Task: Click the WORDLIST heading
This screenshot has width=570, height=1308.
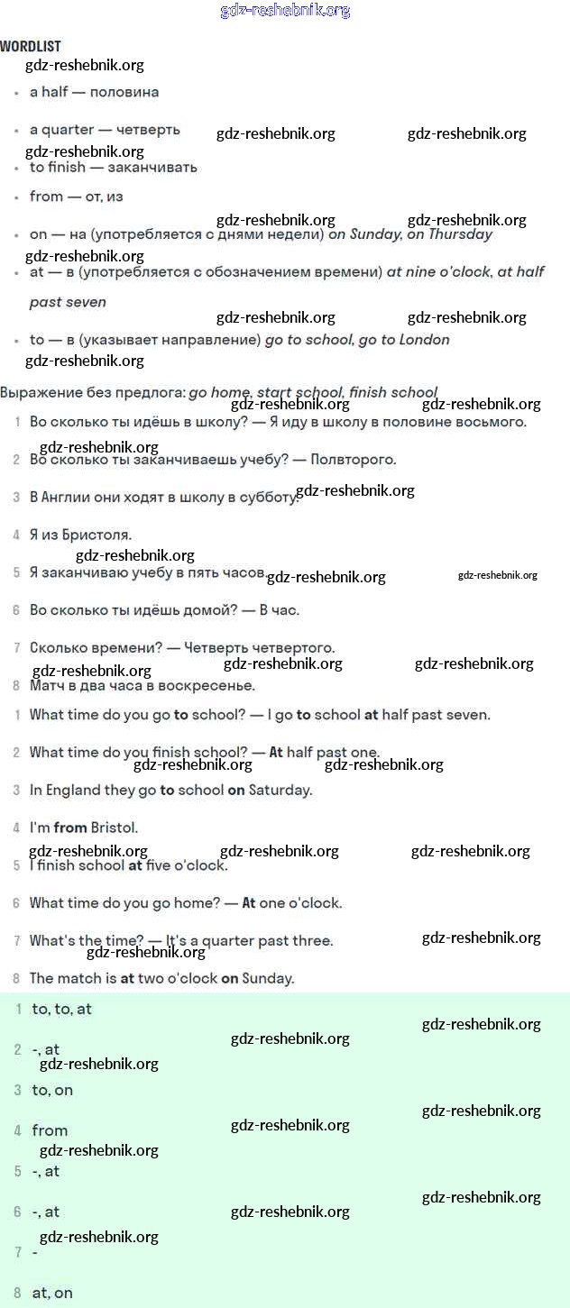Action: [x=31, y=46]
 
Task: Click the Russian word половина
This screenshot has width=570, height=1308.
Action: [x=124, y=92]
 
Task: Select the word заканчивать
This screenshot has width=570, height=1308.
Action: [x=152, y=168]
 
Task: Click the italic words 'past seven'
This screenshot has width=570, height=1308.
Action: [x=68, y=303]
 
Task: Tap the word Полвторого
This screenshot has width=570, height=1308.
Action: [x=353, y=460]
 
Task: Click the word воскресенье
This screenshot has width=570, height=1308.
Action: [x=206, y=686]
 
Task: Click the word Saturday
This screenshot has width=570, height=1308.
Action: [x=280, y=791]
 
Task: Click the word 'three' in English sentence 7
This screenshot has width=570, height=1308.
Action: [x=312, y=941]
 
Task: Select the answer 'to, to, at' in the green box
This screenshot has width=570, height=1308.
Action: [x=62, y=1010]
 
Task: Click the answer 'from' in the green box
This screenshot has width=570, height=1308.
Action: [x=50, y=1131]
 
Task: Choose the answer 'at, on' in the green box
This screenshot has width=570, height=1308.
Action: [x=52, y=1293]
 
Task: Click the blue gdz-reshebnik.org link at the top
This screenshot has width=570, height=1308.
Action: [x=285, y=11]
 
